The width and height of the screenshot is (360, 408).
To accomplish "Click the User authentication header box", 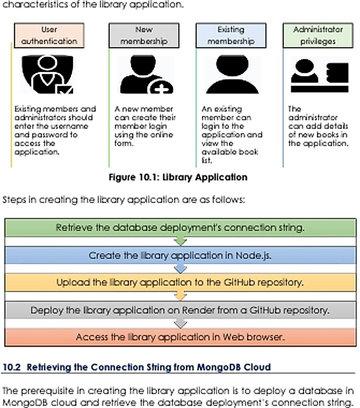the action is (49, 35).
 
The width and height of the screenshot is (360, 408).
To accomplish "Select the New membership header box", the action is (144, 35).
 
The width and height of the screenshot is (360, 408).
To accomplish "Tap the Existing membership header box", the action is (231, 35).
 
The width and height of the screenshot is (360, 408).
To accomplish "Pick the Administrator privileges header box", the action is (318, 35).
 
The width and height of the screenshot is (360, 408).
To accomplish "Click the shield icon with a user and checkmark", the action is (47, 74).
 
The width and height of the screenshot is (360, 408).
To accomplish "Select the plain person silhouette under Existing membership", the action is (232, 74).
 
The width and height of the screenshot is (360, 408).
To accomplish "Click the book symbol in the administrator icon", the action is (337, 72).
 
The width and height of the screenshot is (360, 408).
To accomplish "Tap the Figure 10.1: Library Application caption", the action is (178, 177).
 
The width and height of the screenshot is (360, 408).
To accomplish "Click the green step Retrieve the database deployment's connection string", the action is (180, 228).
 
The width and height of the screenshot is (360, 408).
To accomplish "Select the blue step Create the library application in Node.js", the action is (180, 255).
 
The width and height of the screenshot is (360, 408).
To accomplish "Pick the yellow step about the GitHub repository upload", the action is (180, 282).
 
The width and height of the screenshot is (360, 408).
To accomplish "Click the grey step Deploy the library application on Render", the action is (180, 310).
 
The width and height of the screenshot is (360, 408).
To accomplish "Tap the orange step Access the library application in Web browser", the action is (180, 337).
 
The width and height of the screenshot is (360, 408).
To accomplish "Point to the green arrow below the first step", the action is (180, 241).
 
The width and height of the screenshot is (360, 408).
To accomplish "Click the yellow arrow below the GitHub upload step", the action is (180, 296).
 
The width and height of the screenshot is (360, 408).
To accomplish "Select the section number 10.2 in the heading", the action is (11, 367).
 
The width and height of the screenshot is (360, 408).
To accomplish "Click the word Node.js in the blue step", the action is (253, 256).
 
